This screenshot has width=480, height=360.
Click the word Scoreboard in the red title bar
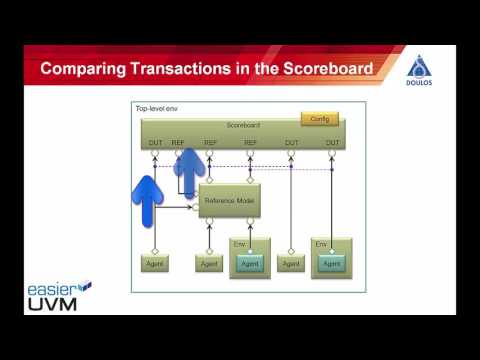tap(317, 68)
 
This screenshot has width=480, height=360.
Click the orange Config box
tap(319, 118)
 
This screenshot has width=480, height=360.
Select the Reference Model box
tap(229, 200)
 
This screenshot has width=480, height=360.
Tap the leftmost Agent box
tap(154, 264)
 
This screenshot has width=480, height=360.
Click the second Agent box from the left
tap(209, 264)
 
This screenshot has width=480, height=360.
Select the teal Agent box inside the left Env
tap(251, 264)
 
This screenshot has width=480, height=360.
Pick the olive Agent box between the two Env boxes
tap(291, 264)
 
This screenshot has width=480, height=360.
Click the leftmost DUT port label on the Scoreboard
tap(155, 143)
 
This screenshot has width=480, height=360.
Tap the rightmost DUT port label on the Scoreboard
tap(330, 143)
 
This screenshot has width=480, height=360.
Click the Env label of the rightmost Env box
tap(321, 244)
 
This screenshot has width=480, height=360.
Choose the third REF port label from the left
tap(250, 143)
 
